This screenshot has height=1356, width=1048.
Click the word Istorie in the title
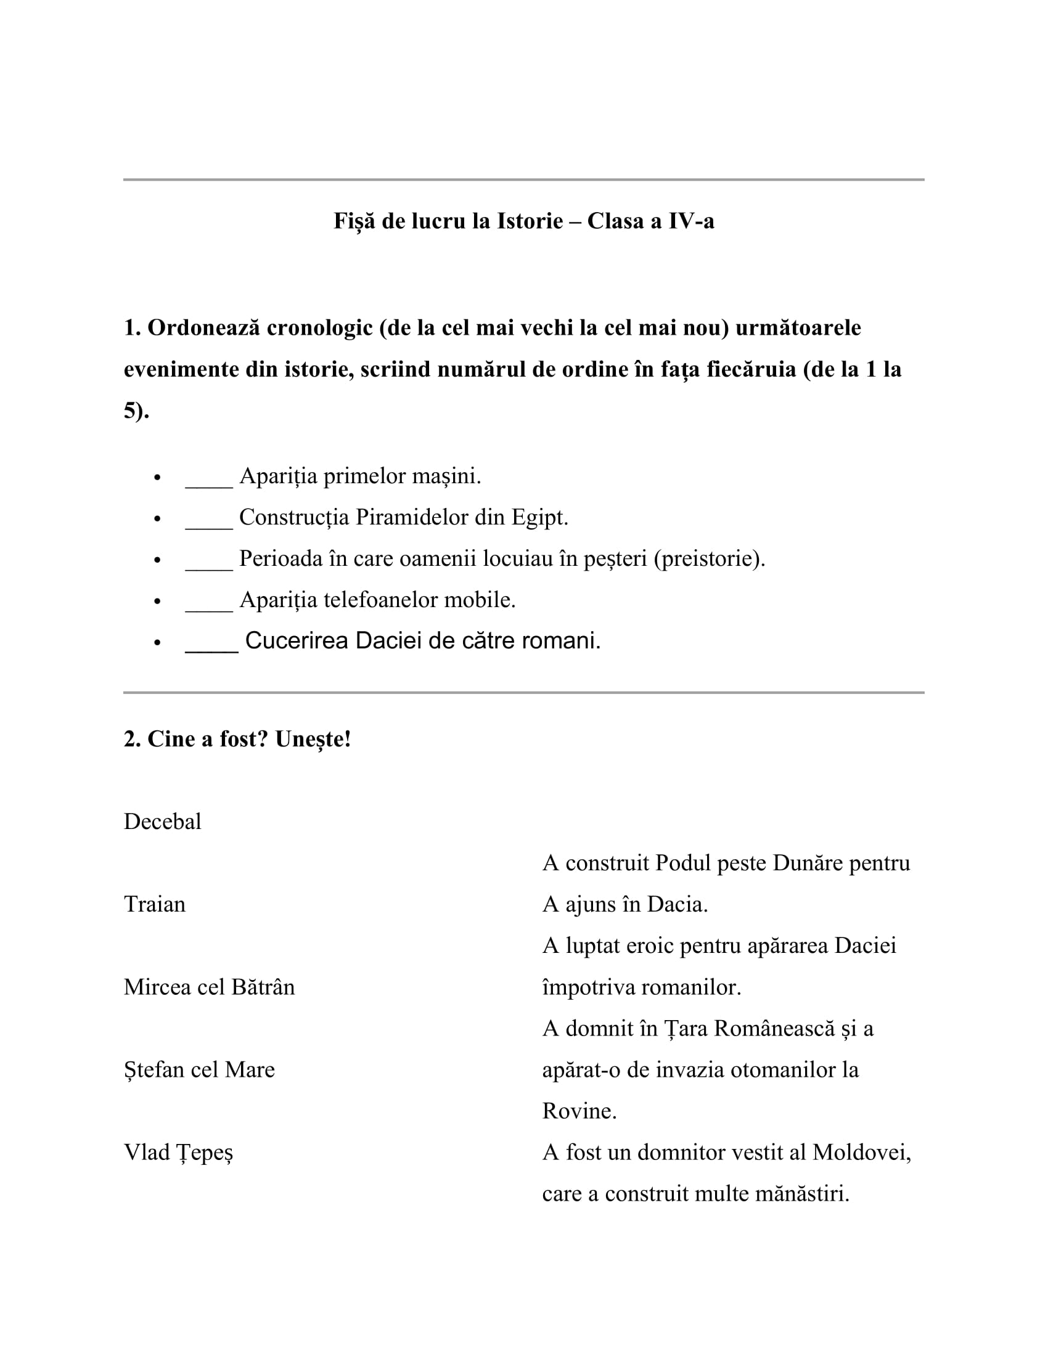coord(529,221)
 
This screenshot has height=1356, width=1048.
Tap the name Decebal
coord(163,822)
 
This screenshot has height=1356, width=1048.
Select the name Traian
coord(155,904)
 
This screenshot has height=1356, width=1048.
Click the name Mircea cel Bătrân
coord(209,987)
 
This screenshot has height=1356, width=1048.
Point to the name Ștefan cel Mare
coord(199,1069)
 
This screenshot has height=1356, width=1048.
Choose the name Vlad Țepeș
coord(178,1153)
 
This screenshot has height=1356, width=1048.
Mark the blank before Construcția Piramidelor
coord(209,518)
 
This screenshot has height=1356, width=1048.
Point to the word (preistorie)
coord(709,559)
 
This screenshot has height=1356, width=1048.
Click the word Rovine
coord(579,1111)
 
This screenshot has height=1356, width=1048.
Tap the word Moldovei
coord(861,1153)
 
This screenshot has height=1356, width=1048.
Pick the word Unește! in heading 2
coord(313,740)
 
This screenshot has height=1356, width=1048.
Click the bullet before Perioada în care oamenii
coord(157,560)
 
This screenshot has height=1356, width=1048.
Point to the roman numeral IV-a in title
coord(691,221)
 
